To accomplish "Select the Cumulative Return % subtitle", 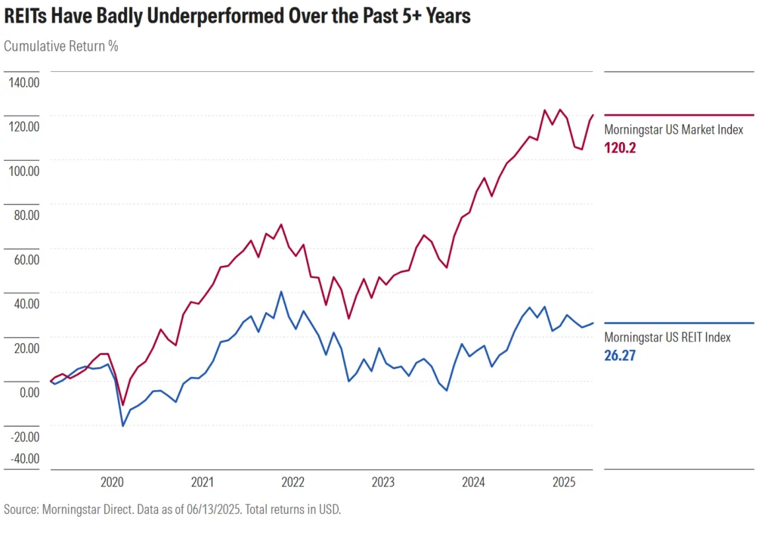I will click(x=61, y=45).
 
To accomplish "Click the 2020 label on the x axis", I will click(x=112, y=482).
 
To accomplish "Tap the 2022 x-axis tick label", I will click(x=293, y=482).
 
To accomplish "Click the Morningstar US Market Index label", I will click(x=673, y=130).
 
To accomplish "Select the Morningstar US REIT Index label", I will click(x=667, y=338).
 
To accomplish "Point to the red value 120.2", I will click(x=620, y=148).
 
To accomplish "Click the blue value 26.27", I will click(x=620, y=355).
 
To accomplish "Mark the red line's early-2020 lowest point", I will click(x=122, y=405).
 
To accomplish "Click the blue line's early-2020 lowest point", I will click(x=122, y=426).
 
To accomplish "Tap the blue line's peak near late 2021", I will click(x=281, y=292).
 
